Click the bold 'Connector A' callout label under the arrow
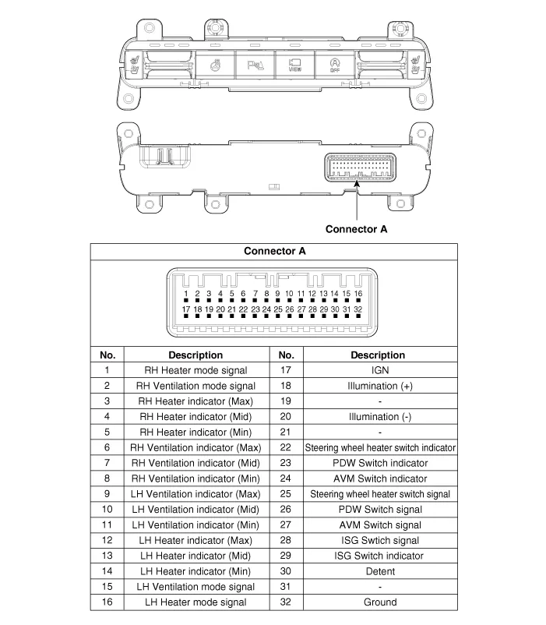pyautogui.click(x=356, y=229)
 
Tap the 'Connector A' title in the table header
pyautogui.click(x=274, y=251)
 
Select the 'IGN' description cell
pyautogui.click(x=380, y=370)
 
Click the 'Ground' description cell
pyautogui.click(x=380, y=602)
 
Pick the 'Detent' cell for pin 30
pyautogui.click(x=380, y=571)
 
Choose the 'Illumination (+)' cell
pyautogui.click(x=380, y=386)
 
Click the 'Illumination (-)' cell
pyautogui.click(x=380, y=417)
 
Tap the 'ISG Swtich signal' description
pyautogui.click(x=380, y=540)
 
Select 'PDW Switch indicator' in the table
pyautogui.click(x=380, y=463)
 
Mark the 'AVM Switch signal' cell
pyautogui.click(x=380, y=524)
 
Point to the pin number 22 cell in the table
pyautogui.click(x=286, y=447)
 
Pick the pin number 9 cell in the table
pyautogui.click(x=107, y=493)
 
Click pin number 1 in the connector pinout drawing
pyautogui.click(x=186, y=294)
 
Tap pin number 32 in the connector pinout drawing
pyautogui.click(x=358, y=309)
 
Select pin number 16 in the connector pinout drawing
pyautogui.click(x=358, y=294)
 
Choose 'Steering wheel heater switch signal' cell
pyautogui.click(x=380, y=494)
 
